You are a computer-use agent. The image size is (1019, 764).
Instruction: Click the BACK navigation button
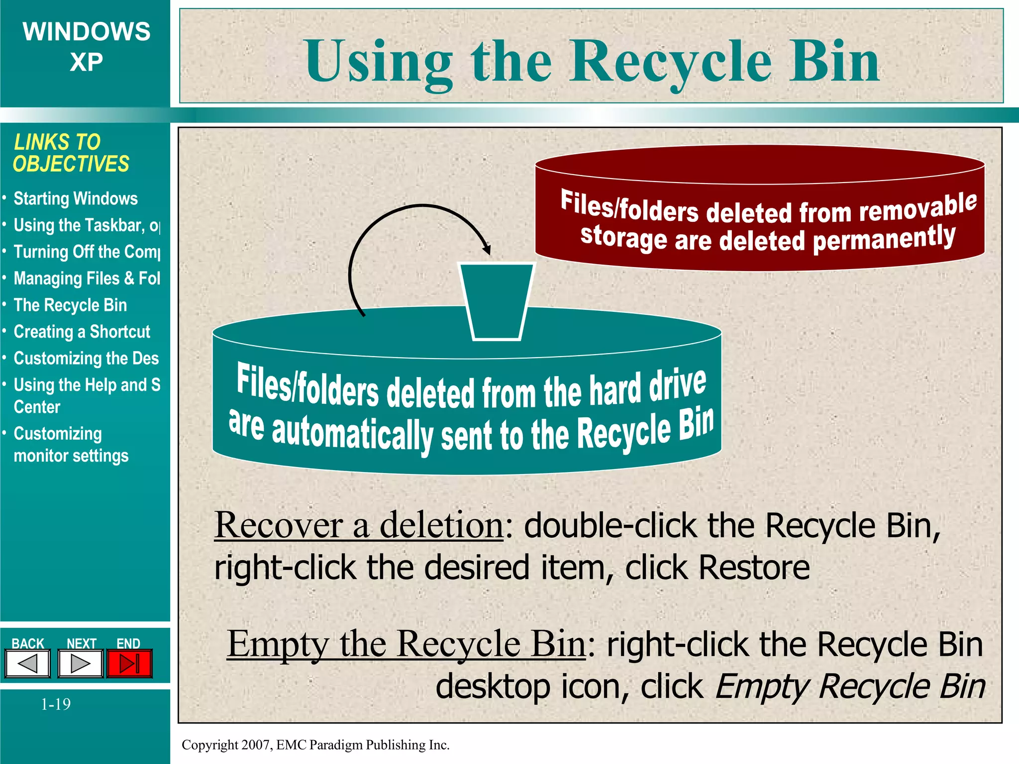[x=28, y=664]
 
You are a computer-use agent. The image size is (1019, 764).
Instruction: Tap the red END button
[x=129, y=664]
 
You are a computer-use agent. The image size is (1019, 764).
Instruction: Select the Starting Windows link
[x=76, y=198]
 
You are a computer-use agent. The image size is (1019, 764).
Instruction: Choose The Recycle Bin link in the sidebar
[x=70, y=305]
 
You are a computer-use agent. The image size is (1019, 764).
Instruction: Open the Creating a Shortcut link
[x=82, y=332]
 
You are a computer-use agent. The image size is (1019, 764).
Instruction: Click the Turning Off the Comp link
[x=87, y=252]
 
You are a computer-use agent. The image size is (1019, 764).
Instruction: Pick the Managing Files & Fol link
[x=87, y=279]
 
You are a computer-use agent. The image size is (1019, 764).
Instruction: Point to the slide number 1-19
[x=56, y=704]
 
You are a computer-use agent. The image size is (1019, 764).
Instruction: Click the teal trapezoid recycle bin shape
[x=496, y=301]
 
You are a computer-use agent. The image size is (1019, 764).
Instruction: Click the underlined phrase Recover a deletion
[x=359, y=525]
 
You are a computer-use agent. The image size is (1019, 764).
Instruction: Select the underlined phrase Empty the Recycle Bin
[x=406, y=644]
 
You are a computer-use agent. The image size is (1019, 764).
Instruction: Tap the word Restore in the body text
[x=754, y=568]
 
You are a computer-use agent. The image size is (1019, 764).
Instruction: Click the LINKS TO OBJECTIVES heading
[x=71, y=153]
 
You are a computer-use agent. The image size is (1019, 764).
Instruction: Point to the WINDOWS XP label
[x=86, y=47]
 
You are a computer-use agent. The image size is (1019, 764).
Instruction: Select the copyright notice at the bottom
[x=315, y=745]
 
